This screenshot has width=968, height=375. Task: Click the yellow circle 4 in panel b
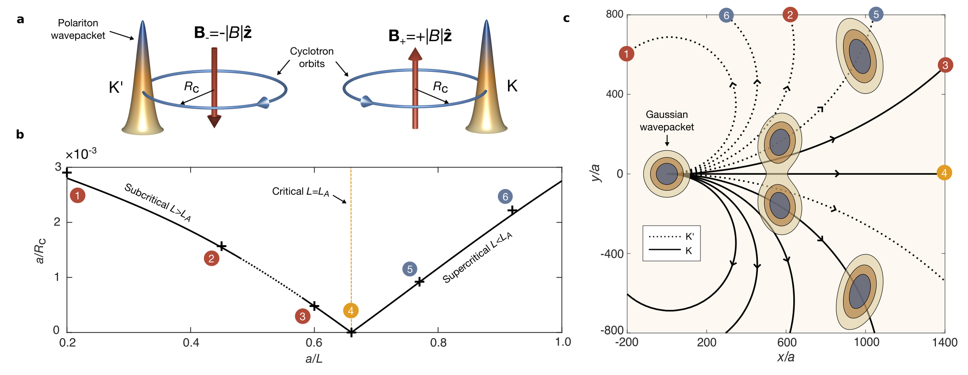pos(351,311)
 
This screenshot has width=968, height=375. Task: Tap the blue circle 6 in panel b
pos(505,196)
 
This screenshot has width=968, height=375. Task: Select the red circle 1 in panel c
pos(626,54)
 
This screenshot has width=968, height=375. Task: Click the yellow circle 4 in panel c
pos(944,173)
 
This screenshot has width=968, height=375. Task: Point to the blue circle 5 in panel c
pos(876,14)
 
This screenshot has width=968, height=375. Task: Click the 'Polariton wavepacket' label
pos(78,29)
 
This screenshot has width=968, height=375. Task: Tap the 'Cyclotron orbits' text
pos(312,57)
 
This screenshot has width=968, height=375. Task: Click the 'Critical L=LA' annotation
pos(301,192)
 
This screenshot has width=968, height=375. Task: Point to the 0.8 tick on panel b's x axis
pos(438,342)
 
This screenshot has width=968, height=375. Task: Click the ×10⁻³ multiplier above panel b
pos(81,154)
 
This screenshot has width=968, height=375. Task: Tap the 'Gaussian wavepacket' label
pos(667,121)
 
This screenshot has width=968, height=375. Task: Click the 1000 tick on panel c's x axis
pos(867,342)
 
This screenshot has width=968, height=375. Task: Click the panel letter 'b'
pos(20,135)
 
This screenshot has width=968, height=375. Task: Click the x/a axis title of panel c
pos(786,357)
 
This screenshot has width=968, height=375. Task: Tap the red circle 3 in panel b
pos(302,316)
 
